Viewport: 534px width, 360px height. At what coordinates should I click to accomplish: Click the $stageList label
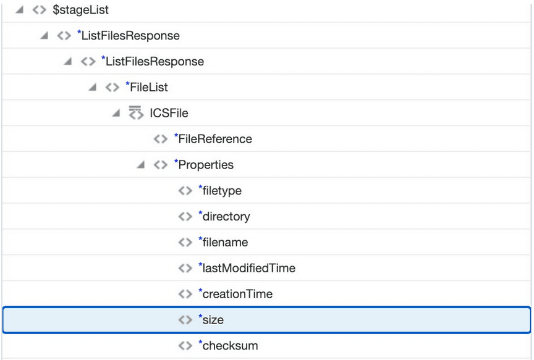tap(80, 10)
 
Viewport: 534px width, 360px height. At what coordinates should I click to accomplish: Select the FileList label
tap(149, 87)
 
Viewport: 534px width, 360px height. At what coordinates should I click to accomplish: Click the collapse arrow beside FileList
tap(92, 87)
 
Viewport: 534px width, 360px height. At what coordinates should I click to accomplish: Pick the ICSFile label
tap(169, 113)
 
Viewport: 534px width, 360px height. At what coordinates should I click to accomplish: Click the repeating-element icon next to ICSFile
tap(135, 113)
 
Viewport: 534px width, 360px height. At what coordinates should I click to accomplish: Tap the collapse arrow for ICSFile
tap(116, 113)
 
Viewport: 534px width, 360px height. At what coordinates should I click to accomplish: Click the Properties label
tap(206, 165)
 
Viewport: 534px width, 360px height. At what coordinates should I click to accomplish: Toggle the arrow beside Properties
tap(141, 165)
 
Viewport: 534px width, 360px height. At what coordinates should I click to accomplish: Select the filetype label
tap(222, 191)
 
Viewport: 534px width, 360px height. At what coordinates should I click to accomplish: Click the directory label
tap(226, 217)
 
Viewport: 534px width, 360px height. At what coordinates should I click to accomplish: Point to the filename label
tap(225, 243)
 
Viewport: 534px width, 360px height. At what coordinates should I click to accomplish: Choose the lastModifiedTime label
tap(248, 269)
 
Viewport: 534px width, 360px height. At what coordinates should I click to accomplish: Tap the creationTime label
tap(237, 295)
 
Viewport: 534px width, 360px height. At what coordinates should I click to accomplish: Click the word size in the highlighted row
tap(213, 320)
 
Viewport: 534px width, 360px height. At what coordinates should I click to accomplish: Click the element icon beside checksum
tap(185, 346)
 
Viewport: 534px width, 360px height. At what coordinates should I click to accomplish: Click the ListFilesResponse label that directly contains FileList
tap(155, 61)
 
